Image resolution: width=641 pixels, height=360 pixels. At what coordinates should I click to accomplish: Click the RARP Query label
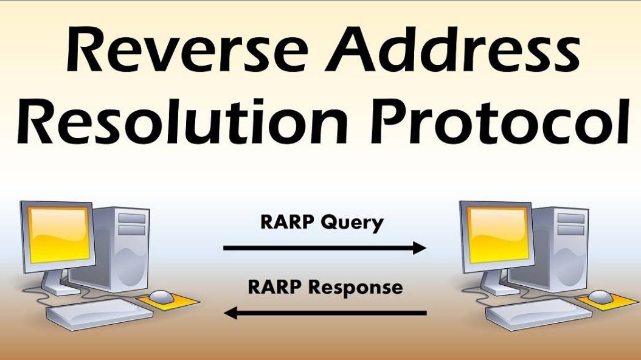point(322,223)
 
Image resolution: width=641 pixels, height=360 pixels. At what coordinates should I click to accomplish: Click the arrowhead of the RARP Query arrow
point(420,247)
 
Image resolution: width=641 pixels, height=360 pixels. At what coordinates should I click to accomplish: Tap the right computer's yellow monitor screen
point(496,234)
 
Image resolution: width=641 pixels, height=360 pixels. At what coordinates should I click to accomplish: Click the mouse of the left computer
point(161,297)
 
